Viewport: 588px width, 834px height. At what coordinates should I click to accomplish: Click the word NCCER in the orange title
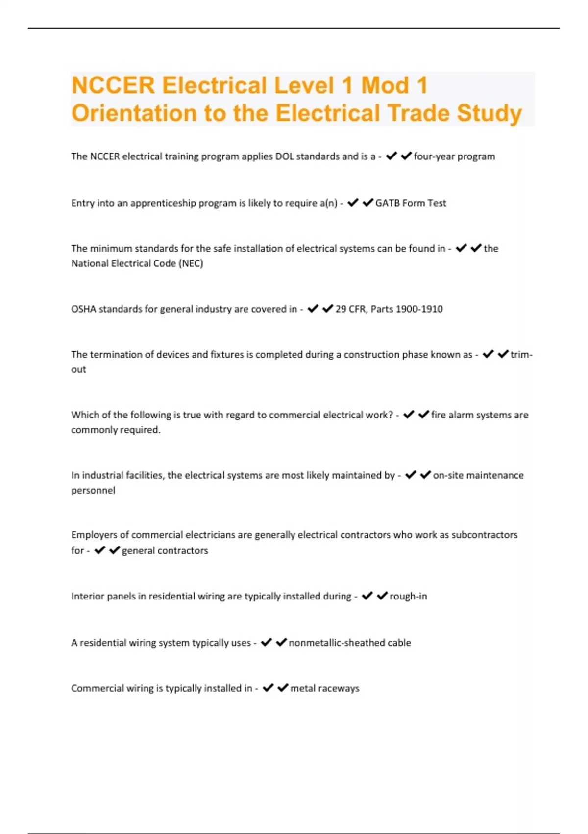(113, 85)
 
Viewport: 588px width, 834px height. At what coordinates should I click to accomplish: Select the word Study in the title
(490, 113)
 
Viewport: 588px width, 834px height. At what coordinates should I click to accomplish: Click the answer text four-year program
(454, 156)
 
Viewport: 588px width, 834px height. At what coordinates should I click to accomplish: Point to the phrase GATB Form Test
(411, 203)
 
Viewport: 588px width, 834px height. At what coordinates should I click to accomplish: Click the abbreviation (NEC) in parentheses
(191, 263)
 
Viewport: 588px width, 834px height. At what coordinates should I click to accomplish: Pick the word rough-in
(408, 597)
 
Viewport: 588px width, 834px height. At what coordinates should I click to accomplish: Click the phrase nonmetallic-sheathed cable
(350, 643)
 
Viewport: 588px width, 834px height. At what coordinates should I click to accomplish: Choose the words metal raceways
(325, 688)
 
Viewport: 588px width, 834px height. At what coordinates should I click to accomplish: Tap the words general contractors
(165, 551)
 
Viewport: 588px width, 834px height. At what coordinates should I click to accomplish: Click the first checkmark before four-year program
(391, 156)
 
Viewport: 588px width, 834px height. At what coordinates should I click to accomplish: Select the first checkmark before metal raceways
(268, 688)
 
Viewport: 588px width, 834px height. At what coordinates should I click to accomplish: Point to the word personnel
(93, 491)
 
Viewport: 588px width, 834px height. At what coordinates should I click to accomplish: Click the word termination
(117, 355)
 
